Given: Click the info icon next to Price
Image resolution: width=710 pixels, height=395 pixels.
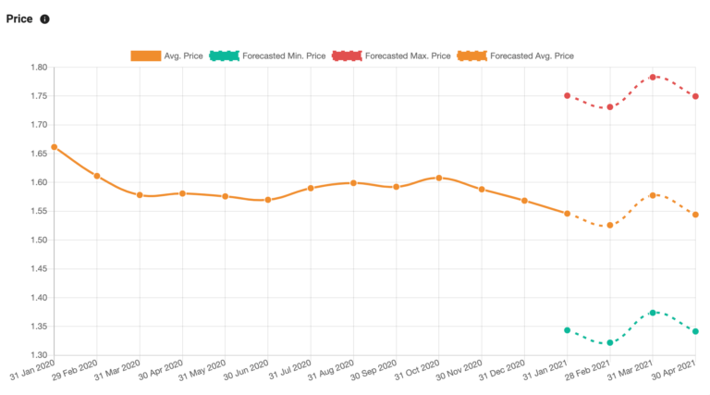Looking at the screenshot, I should point(45,19).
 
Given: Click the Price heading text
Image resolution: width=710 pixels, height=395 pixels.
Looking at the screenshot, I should point(19,19).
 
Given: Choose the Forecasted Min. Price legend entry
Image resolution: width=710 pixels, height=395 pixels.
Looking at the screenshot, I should point(268,56).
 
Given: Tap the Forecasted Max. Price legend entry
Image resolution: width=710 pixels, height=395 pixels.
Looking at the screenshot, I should point(392,56).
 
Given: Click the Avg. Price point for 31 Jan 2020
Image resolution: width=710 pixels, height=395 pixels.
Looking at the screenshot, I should point(55,147).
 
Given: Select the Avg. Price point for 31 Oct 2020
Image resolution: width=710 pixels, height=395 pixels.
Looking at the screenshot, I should point(439,178).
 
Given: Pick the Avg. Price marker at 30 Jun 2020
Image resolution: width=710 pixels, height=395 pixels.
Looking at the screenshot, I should point(268,200).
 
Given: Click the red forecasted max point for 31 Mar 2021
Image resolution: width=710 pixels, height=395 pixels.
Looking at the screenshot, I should point(653,77).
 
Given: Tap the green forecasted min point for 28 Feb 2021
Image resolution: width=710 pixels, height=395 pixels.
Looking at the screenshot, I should point(610,342).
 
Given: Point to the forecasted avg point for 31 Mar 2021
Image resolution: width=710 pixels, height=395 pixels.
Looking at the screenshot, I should point(653,195).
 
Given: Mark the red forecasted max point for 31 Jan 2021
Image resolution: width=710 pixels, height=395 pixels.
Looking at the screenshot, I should point(568,96).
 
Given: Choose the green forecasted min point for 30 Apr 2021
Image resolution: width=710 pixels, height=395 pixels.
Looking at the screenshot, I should point(695,331).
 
